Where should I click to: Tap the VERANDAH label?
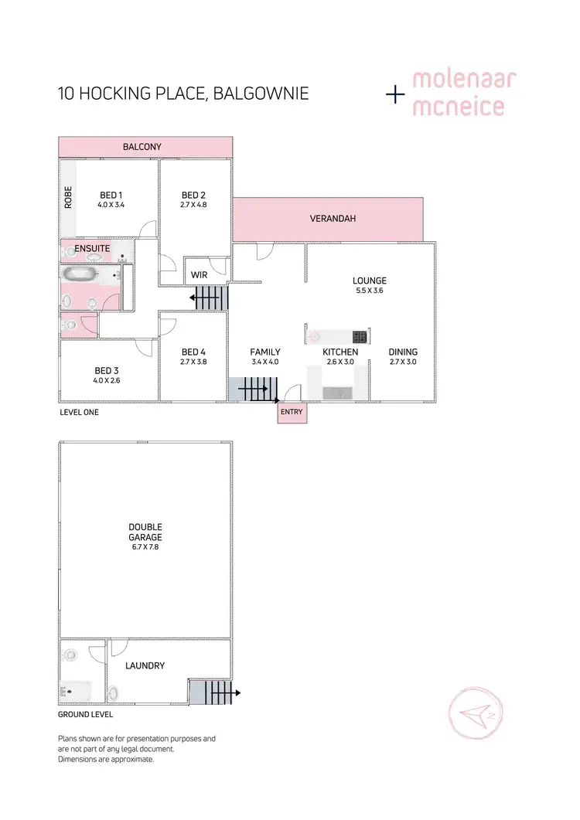(x=333, y=219)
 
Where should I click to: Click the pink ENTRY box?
(x=292, y=413)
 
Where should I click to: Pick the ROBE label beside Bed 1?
(x=69, y=196)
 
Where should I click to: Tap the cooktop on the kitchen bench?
(x=360, y=336)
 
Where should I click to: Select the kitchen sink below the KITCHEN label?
(x=336, y=393)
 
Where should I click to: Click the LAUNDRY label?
(x=146, y=665)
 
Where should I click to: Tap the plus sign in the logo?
(x=396, y=95)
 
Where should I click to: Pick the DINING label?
(x=403, y=352)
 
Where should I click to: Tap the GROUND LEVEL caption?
(x=85, y=716)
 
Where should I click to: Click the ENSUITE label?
(x=93, y=248)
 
